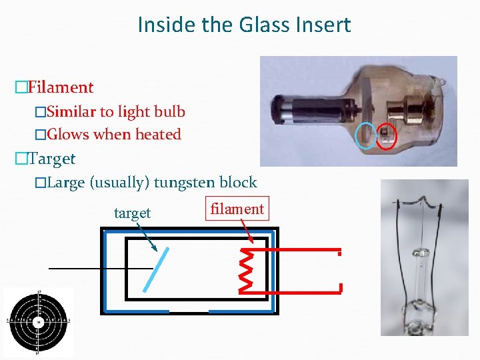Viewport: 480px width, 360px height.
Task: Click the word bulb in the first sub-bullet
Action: click(x=169, y=111)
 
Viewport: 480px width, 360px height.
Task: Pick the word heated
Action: click(x=158, y=134)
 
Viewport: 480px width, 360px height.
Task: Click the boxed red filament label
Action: click(x=237, y=209)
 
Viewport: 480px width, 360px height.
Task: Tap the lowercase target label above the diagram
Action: click(x=132, y=213)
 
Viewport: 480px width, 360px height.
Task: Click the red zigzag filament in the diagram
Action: click(x=245, y=270)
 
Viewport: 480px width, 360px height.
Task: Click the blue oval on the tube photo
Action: click(x=365, y=135)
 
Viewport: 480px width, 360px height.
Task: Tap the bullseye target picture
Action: click(x=38, y=322)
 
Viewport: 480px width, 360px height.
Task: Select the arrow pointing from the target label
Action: click(x=146, y=237)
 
